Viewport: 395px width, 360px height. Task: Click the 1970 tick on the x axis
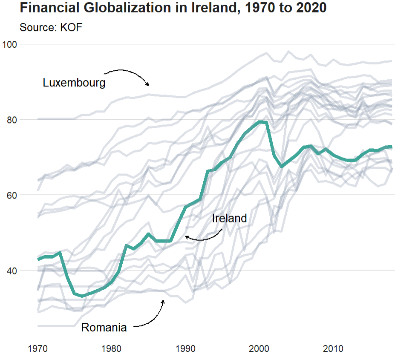pos(38,349)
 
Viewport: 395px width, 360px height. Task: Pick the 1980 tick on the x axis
pos(112,349)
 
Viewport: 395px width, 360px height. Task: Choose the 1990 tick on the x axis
pos(186,349)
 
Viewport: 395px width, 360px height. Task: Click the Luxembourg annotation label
pos(74,83)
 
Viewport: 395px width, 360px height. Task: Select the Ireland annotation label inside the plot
pos(229,219)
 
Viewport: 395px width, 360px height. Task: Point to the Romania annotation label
pos(104,328)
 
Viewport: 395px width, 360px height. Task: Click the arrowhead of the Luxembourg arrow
pos(148,85)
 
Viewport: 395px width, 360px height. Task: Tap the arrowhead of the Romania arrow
pos(163,301)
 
